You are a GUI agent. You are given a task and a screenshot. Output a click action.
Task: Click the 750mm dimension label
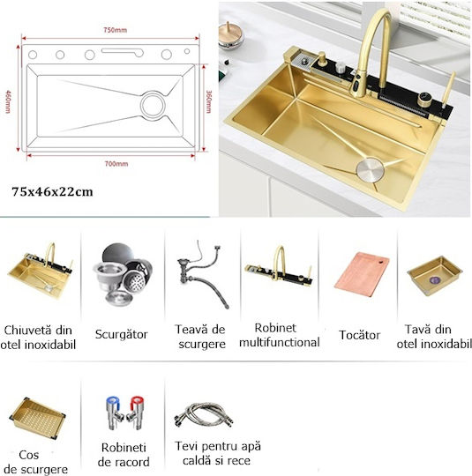coord(115,30)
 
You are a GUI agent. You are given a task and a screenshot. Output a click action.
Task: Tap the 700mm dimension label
coord(116,164)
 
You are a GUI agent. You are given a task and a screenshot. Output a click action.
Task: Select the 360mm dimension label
coord(208,101)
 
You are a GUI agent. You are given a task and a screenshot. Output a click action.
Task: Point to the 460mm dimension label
coord(8,101)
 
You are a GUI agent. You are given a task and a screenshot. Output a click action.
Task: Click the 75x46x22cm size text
coord(52,192)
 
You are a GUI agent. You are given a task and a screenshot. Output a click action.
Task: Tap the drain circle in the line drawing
coord(153,105)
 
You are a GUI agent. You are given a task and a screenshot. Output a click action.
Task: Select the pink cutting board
coord(362,274)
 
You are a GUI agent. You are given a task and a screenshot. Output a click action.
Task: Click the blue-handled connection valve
coord(114,413)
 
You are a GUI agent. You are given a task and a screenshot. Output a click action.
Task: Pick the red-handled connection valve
coord(135,413)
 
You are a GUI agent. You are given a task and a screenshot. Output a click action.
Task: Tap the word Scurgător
coord(121,334)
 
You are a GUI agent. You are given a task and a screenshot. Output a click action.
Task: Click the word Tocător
coord(360,335)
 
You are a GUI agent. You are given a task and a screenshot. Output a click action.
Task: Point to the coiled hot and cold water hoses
coord(203,414)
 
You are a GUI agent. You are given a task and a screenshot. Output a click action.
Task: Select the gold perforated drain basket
coord(38,418)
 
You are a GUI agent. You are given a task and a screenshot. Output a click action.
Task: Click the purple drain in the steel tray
coord(433,279)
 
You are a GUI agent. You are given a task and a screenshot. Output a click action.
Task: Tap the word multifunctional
coord(280,342)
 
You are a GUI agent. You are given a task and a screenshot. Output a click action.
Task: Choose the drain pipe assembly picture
coord(203,275)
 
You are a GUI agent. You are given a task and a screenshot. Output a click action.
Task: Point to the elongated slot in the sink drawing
coord(123,52)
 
